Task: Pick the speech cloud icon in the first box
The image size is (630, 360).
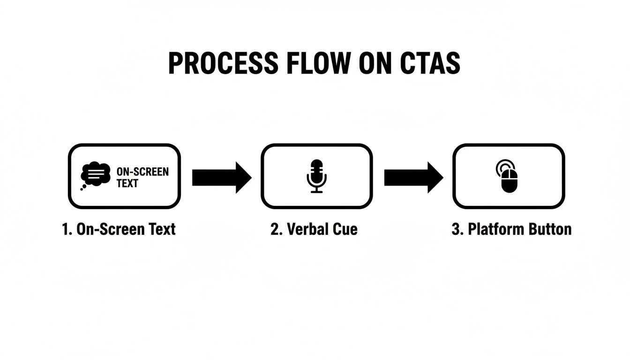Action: pyautogui.click(x=95, y=175)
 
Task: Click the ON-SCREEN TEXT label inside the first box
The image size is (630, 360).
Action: pyautogui.click(x=142, y=177)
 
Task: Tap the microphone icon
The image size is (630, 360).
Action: pyautogui.click(x=317, y=176)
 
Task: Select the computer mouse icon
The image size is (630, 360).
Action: pyautogui.click(x=510, y=181)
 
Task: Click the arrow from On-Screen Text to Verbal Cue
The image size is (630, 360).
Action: pyautogui.click(x=222, y=178)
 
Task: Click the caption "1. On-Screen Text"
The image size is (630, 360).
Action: pyautogui.click(x=119, y=229)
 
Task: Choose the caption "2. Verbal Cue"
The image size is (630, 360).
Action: pyautogui.click(x=314, y=229)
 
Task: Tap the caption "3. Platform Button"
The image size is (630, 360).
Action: pyautogui.click(x=511, y=229)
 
